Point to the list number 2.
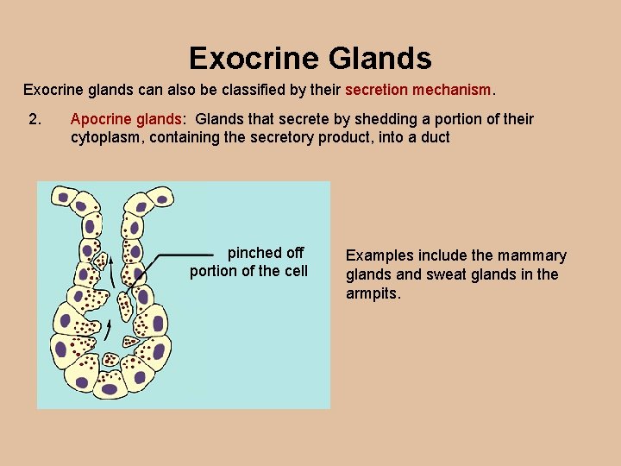tap(35, 119)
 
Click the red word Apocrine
tap(102, 119)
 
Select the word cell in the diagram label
tap(294, 271)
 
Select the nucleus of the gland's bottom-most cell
tap(109, 389)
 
